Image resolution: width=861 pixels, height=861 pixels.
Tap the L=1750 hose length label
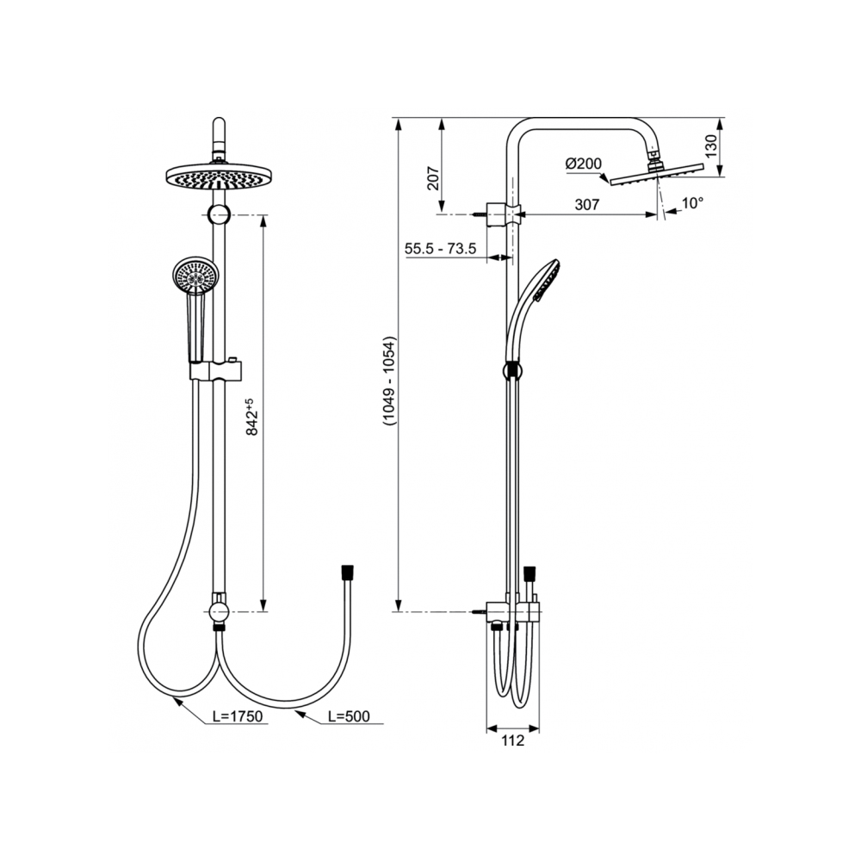(x=238, y=716)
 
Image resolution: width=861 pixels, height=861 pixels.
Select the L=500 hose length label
(x=349, y=716)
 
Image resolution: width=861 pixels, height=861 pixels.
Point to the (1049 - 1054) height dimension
(x=389, y=381)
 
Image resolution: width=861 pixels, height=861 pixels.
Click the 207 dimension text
(x=434, y=178)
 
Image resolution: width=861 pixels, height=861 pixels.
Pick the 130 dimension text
(x=710, y=146)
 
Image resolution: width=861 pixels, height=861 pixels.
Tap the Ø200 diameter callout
(x=583, y=164)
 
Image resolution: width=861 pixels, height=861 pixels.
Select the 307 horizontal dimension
(x=587, y=204)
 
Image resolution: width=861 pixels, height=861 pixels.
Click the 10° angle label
(x=692, y=203)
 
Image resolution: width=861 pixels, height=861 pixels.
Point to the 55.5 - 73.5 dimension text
(x=440, y=248)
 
